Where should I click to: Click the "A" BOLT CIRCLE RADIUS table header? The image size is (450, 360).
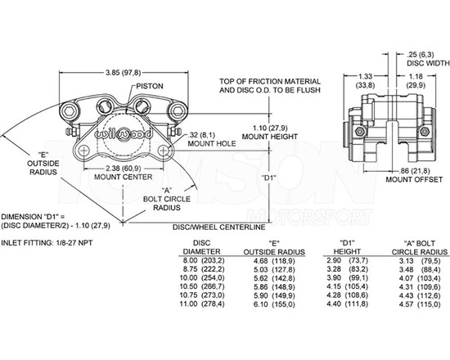coord(425,246)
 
